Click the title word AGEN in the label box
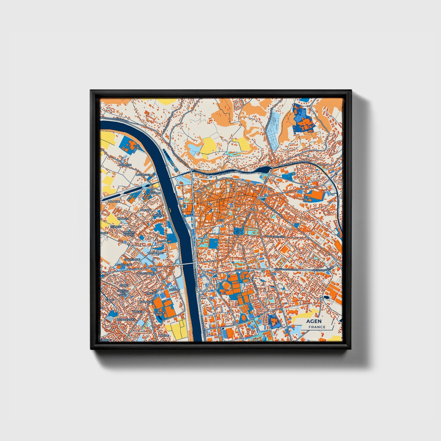(314, 321)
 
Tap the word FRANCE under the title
(317, 327)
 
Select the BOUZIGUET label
(143, 175)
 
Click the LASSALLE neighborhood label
(154, 193)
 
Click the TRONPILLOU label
(155, 253)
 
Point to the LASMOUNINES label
(146, 273)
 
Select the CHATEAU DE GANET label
(122, 293)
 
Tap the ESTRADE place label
(159, 313)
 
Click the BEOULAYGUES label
(126, 320)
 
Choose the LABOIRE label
(164, 335)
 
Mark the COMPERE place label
(146, 302)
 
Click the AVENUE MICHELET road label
(274, 236)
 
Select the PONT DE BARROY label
(128, 233)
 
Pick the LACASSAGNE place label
(123, 265)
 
